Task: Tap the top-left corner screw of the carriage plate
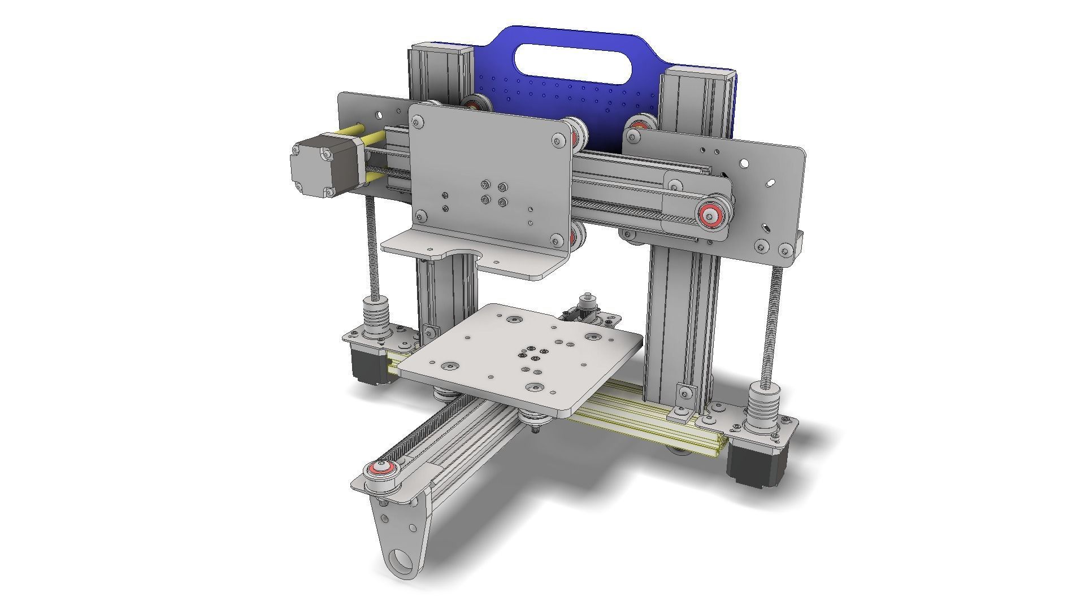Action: click(x=418, y=121)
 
